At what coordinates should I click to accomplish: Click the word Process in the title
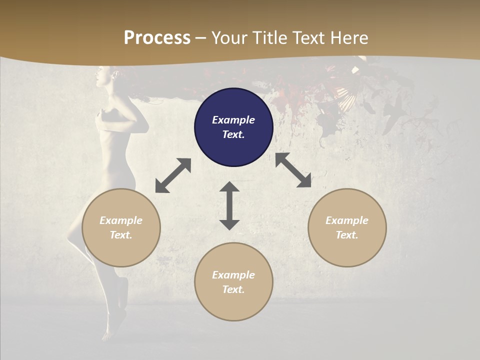pos(157,38)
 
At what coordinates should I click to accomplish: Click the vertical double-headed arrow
pos(229,205)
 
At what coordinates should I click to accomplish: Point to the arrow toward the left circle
pos(173,175)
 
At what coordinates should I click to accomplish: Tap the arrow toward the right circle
pos(293,170)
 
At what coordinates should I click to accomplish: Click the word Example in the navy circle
pos(233,120)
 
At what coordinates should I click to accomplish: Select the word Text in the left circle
pos(120,235)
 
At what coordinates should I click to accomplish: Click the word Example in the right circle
pos(347,220)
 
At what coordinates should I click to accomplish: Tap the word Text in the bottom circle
pos(233,289)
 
